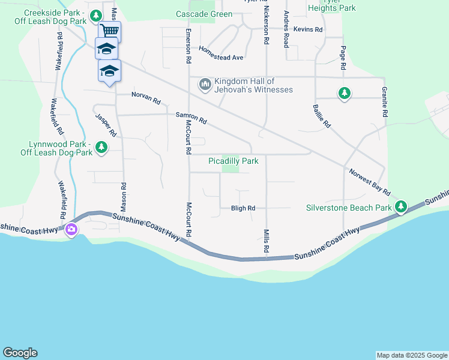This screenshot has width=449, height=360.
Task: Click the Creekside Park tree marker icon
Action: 95,15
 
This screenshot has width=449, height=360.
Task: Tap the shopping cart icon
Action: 109,31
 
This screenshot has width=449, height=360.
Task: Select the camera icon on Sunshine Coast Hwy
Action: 71,229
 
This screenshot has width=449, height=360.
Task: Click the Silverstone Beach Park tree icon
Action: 401,208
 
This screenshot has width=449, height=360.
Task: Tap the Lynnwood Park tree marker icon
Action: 101,147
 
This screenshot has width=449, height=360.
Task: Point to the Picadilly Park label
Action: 233,161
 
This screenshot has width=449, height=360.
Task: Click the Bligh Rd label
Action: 243,208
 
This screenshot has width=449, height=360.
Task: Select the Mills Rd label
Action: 265,240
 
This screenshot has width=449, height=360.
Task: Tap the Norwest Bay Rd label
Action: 370,182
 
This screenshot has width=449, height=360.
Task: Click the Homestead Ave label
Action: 221,53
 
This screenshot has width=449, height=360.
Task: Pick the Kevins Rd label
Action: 308,29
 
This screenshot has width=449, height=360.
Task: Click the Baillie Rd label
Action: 322,116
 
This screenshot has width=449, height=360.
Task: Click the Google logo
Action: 20,353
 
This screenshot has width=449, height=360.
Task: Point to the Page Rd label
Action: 343,58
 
